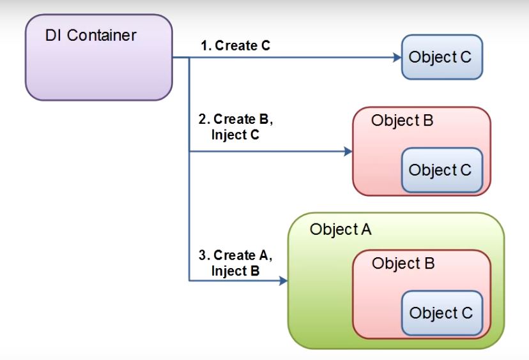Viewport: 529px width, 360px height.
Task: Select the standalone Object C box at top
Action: coord(440,57)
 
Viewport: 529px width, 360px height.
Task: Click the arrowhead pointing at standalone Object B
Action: coord(348,152)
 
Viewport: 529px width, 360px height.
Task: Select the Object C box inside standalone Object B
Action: coord(440,170)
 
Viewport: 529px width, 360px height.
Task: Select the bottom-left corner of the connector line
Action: coord(189,280)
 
